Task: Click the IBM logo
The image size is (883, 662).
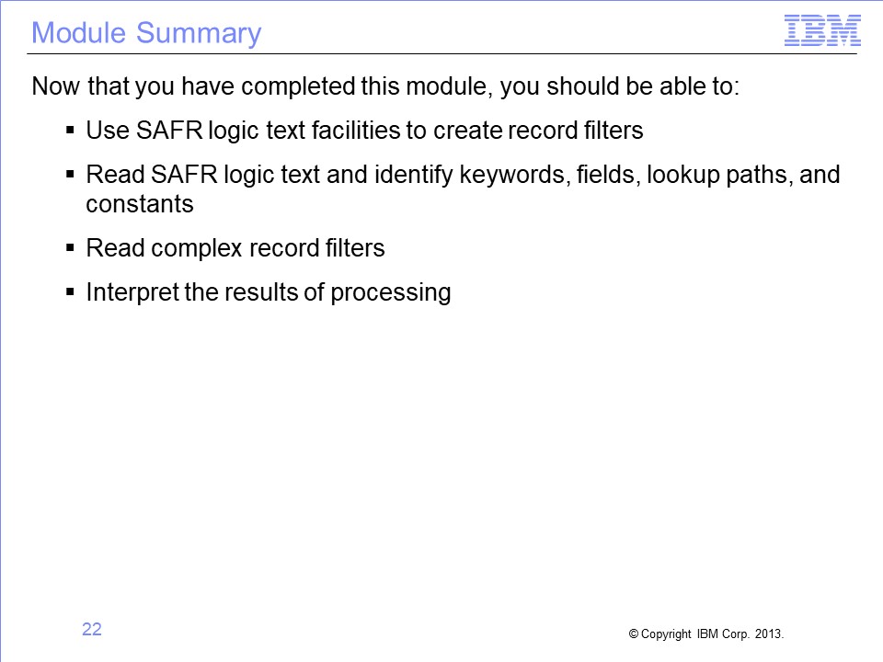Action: [822, 30]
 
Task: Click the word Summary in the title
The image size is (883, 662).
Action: [199, 33]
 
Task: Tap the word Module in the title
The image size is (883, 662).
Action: [78, 33]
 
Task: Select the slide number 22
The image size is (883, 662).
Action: [92, 629]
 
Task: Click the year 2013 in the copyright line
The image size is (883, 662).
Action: [769, 633]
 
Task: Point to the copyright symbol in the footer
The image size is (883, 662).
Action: [634, 633]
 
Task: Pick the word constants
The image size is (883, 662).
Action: [140, 204]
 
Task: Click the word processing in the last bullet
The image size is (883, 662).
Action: [391, 292]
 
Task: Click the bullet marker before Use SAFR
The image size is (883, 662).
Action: [70, 131]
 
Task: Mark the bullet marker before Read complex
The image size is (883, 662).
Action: [70, 247]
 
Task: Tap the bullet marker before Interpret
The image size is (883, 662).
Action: [70, 291]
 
